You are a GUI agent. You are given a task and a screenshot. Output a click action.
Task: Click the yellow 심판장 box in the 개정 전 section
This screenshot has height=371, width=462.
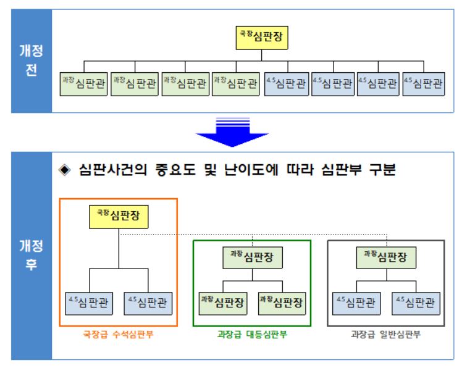(x=264, y=36)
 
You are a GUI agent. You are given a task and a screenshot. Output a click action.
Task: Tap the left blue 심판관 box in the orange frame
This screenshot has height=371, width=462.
(x=89, y=303)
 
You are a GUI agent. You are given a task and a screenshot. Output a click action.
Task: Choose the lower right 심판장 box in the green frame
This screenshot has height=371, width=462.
(x=282, y=303)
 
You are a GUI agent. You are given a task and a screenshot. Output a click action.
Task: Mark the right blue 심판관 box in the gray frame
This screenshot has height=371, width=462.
(x=416, y=303)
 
